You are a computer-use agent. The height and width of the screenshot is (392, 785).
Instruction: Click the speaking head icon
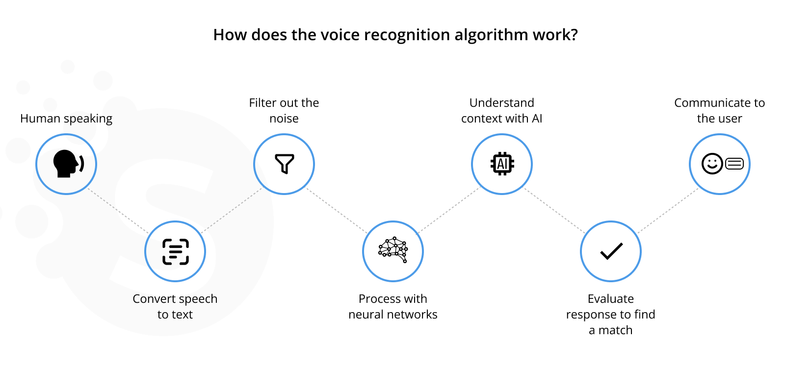pyautogui.click(x=67, y=164)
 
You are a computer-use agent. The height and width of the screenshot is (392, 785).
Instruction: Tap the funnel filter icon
pyautogui.click(x=284, y=164)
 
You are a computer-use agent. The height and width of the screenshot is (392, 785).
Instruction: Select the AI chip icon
pyautogui.click(x=502, y=164)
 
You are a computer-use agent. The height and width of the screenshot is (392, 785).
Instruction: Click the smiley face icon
pyautogui.click(x=712, y=164)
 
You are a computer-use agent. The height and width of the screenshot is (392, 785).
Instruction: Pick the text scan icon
pyautogui.click(x=175, y=251)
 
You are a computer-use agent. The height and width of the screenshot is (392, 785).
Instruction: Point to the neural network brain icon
pyautogui.click(x=393, y=249)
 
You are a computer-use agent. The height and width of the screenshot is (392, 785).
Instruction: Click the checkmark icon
pyautogui.click(x=611, y=251)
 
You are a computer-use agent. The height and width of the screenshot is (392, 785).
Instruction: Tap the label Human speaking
pyautogui.click(x=66, y=119)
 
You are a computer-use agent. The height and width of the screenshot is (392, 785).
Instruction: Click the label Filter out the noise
pyautogui.click(x=284, y=111)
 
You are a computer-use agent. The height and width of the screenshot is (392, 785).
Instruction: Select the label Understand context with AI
pyautogui.click(x=501, y=111)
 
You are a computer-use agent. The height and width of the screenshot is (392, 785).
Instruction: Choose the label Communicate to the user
pyautogui.click(x=719, y=111)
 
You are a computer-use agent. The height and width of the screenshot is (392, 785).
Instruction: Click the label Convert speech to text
pyautogui.click(x=175, y=306)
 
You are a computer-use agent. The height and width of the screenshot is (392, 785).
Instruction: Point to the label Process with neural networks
pyautogui.click(x=393, y=306)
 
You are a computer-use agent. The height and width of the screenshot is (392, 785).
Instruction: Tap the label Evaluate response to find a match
pyautogui.click(x=610, y=314)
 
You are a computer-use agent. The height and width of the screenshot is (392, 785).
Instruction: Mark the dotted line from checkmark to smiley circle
pyautogui.click(x=667, y=211)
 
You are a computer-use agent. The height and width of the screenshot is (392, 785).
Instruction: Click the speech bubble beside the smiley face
pyautogui.click(x=734, y=164)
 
